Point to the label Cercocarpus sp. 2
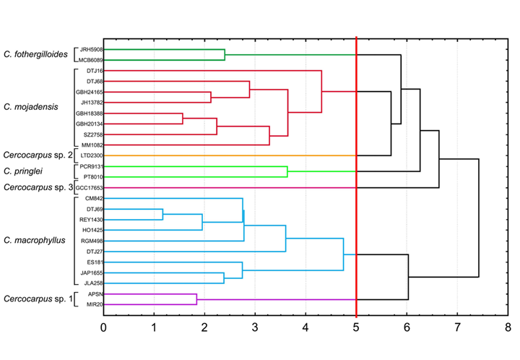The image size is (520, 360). click(x=38, y=155)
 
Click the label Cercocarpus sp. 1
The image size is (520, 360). click(x=38, y=299)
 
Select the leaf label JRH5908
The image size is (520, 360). click(x=91, y=49)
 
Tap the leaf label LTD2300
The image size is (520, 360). click(x=92, y=155)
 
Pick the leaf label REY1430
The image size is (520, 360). click(x=91, y=219)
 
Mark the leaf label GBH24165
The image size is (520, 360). click(x=90, y=92)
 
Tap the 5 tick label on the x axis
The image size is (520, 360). click(x=356, y=328)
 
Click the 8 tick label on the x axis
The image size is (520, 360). click(x=508, y=328)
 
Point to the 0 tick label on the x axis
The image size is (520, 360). click(x=103, y=328)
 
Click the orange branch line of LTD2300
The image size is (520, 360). click(x=231, y=155)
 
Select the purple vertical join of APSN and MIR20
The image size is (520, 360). click(x=196, y=299)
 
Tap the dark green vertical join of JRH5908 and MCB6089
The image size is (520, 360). click(x=225, y=54)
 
